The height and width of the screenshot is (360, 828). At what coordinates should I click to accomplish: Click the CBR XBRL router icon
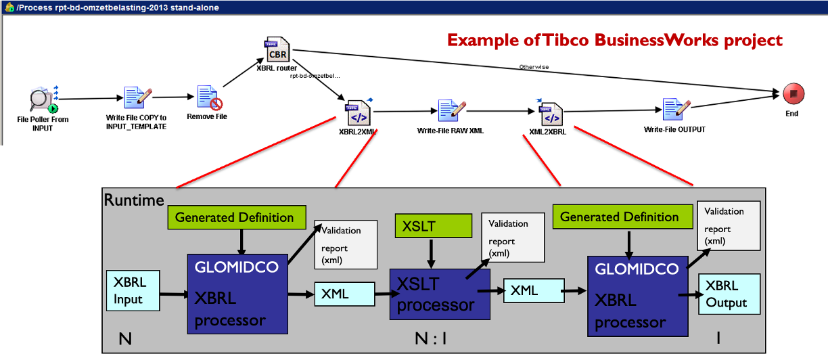277,50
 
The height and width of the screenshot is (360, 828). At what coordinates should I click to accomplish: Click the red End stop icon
791,94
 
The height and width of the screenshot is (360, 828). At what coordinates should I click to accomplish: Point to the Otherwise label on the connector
534,67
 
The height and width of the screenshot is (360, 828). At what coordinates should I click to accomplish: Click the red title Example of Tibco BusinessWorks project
615,40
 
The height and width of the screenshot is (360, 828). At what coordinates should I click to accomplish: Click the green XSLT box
433,225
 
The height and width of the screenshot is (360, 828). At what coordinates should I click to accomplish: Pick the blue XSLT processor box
433,294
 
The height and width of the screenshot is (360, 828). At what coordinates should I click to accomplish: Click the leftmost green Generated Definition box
234,217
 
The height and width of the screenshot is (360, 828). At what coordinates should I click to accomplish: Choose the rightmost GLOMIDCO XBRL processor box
636,294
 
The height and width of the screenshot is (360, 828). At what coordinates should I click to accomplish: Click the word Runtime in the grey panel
133,200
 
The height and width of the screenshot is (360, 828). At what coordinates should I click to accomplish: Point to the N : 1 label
431,338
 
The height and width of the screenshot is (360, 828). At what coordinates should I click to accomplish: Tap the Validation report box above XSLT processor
511,238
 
